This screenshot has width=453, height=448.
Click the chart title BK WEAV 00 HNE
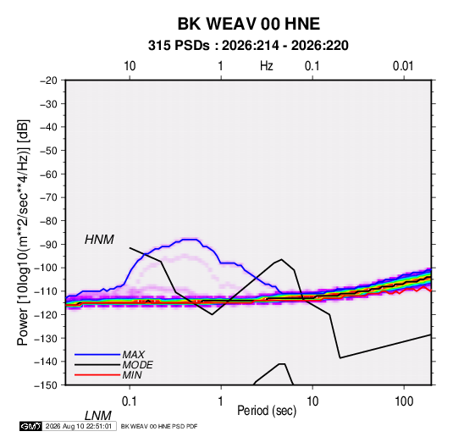point(248,24)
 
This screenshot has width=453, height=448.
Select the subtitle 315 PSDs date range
point(248,46)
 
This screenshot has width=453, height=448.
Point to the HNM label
point(99,240)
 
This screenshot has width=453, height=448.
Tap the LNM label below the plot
point(97,416)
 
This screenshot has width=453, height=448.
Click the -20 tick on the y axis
point(48,80)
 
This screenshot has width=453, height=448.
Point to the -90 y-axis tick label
point(48,245)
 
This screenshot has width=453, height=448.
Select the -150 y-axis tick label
point(46,385)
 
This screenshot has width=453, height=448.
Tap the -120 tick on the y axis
point(46,314)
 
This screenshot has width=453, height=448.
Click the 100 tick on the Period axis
point(404,401)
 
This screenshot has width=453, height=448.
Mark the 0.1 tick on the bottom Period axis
point(130,401)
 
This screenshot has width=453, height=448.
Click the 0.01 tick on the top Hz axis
point(403,66)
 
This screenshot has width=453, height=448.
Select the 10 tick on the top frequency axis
point(130,66)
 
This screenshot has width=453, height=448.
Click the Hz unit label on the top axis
point(267,66)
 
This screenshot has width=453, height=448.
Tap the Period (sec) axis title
point(267,411)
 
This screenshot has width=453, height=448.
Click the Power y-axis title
point(23,232)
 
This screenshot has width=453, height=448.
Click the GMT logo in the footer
point(30,426)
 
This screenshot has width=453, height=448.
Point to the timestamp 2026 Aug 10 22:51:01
point(79,426)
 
